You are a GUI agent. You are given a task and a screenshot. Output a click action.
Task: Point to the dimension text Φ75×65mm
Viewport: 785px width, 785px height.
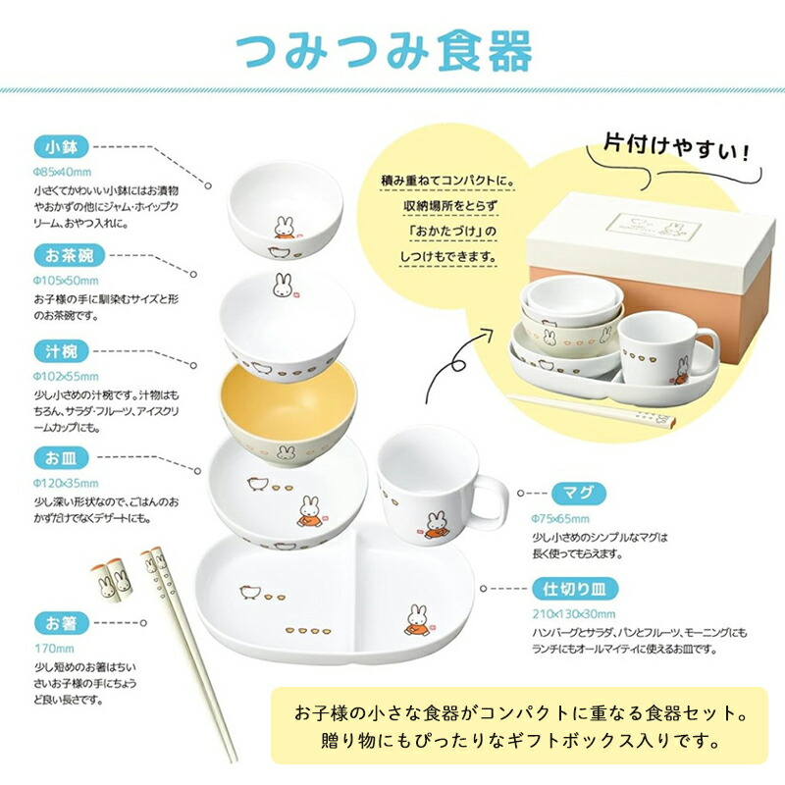tap(560, 517)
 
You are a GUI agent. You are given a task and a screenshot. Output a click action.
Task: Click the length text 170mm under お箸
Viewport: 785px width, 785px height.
tap(49, 649)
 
